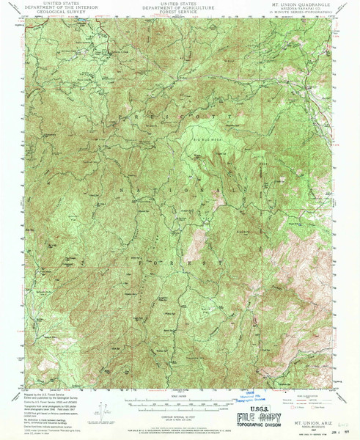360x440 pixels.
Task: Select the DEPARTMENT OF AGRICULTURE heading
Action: click(180, 7)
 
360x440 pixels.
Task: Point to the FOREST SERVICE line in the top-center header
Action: click(180, 12)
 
